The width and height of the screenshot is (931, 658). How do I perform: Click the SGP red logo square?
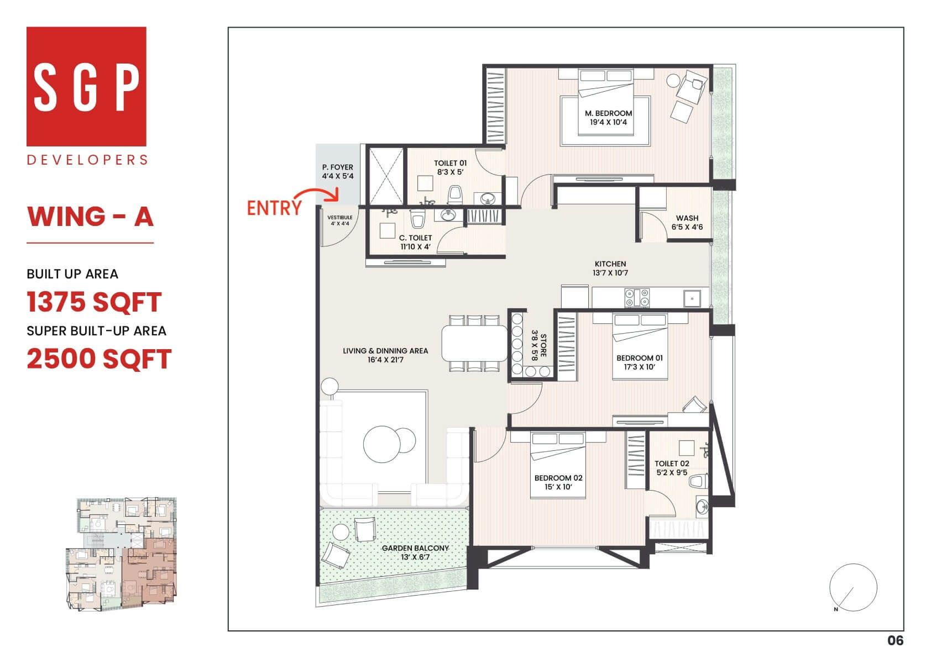[86, 86]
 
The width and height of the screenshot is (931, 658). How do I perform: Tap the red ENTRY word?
[274, 208]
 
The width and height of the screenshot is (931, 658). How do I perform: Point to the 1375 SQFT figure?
[94, 302]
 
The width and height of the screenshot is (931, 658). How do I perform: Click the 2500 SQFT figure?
[99, 359]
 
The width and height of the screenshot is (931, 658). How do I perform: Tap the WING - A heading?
[90, 217]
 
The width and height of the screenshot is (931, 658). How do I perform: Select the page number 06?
[895, 640]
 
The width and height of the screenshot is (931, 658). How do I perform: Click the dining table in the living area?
[474, 343]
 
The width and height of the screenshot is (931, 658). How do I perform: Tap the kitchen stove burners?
[637, 298]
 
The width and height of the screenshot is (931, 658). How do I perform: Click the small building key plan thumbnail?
[122, 554]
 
